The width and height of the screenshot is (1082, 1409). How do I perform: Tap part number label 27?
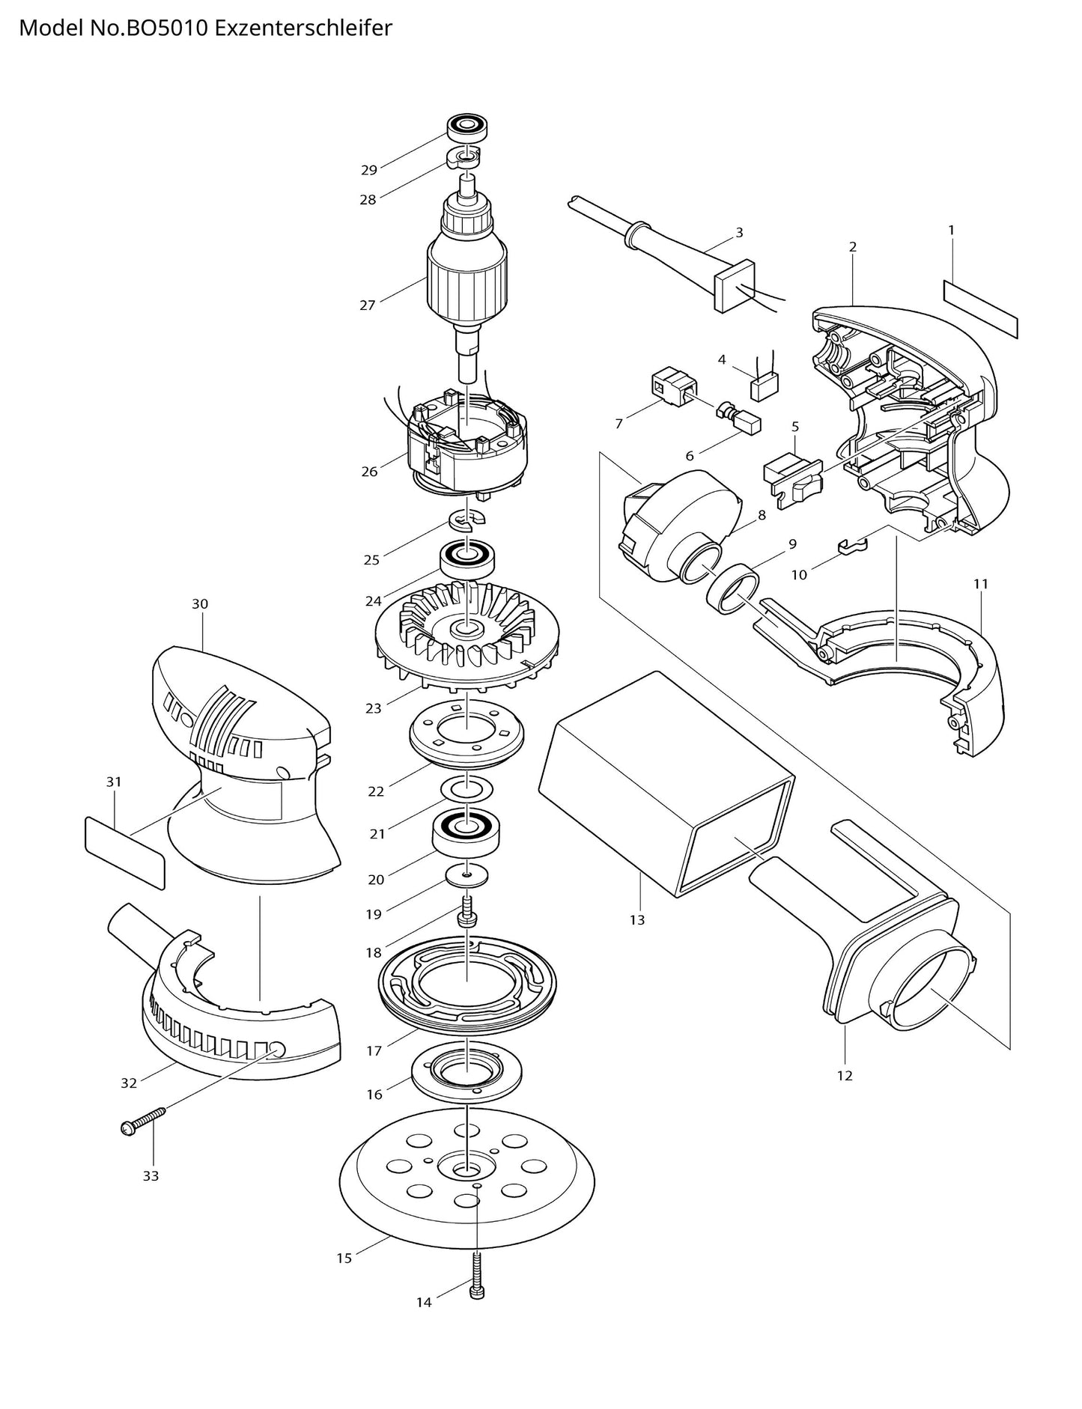(x=367, y=305)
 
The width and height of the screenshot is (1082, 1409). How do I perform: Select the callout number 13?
(x=636, y=919)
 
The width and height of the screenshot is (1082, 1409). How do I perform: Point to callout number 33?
(x=151, y=1176)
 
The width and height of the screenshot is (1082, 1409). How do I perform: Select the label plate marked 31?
(x=124, y=852)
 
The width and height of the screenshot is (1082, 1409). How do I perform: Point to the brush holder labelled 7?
(x=672, y=386)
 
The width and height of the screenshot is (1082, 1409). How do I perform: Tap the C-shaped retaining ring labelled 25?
(x=466, y=519)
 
